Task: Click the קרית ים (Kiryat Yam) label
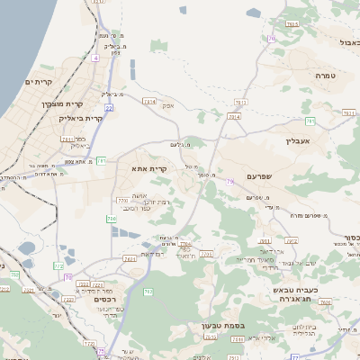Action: click(39, 83)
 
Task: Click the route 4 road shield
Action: click(94, 58)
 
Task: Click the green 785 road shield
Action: click(310, 121)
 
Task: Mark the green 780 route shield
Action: click(111, 219)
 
